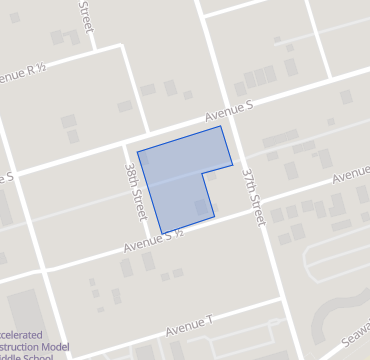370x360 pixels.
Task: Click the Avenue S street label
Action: click(230, 109)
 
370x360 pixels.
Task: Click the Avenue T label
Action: click(190, 325)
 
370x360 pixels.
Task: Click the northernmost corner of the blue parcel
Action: click(221, 126)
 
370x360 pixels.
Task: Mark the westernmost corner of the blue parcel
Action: click(137, 152)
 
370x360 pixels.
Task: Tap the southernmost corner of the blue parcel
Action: click(162, 234)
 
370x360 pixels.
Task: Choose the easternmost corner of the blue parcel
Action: click(233, 164)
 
